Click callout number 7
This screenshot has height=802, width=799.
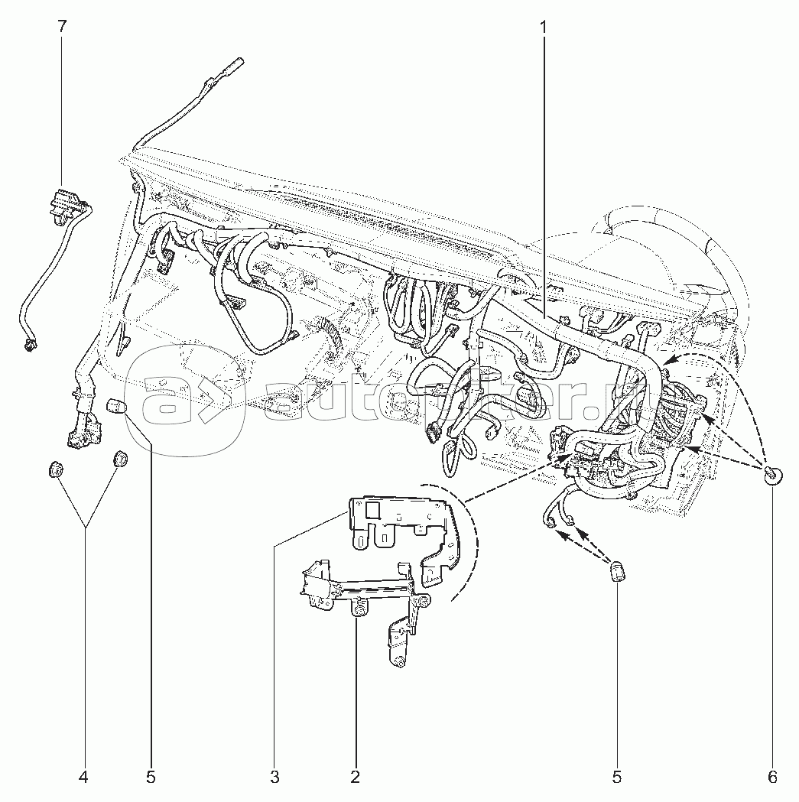(62, 26)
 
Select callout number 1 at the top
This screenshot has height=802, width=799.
(544, 26)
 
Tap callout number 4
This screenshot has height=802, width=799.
(83, 778)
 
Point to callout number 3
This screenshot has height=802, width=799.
(274, 778)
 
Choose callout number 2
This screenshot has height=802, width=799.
(355, 778)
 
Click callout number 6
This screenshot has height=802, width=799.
(772, 778)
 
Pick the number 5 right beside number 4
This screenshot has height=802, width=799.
(151, 778)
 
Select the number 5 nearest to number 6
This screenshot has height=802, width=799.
(616, 778)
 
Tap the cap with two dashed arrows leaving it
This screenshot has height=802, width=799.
(616, 571)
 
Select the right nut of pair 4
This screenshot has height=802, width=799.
(120, 459)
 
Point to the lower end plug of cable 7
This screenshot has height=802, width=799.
(31, 345)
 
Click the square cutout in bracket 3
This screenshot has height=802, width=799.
(374, 511)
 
